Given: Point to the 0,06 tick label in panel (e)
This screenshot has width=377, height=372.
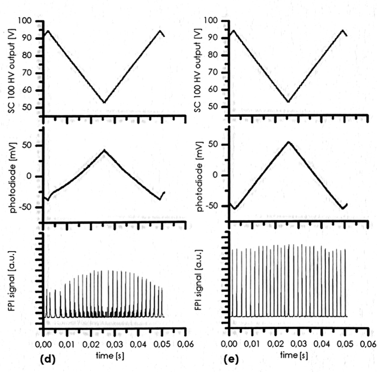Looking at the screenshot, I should [x=367, y=343].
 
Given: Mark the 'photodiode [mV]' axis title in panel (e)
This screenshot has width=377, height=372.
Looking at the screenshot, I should [x=198, y=175].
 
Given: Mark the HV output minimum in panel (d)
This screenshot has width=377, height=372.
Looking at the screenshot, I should [x=104, y=102].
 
